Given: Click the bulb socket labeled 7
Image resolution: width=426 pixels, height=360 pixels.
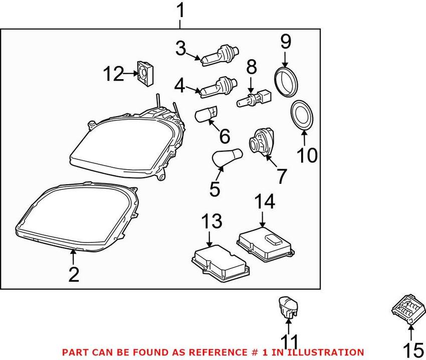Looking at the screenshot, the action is tap(261, 142).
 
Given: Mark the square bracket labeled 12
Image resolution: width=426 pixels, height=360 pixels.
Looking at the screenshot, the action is tap(145, 73).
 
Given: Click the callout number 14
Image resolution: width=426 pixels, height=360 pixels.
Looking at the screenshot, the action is tap(264, 203).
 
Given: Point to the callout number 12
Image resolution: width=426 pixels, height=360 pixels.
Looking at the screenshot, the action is tap(113, 75).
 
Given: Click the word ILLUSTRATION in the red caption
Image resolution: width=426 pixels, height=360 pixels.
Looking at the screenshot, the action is tap(330, 352).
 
